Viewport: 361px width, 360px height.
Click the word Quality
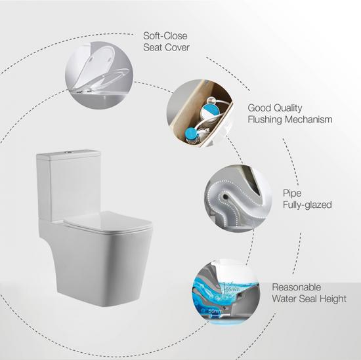289,108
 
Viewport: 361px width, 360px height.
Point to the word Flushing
266,120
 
